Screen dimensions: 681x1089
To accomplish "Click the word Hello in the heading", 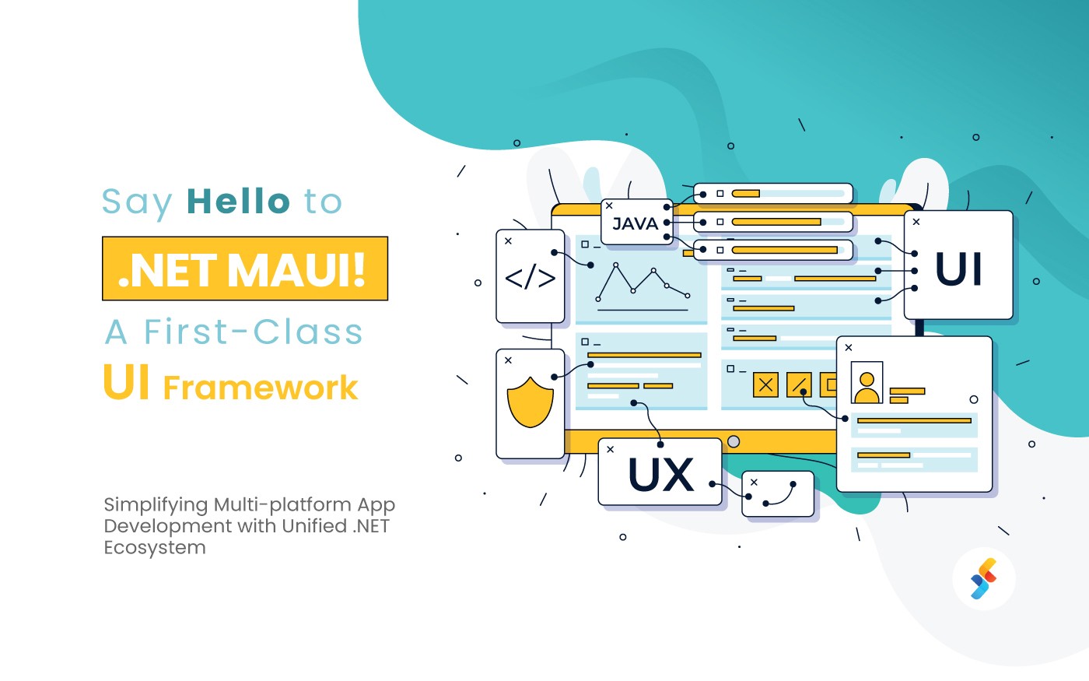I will tap(238, 202).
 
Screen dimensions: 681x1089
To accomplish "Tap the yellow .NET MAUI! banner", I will tap(245, 269).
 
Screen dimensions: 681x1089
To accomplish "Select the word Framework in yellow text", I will tap(261, 388).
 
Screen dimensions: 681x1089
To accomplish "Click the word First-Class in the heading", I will tap(253, 332).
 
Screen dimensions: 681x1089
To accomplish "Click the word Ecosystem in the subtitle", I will tap(155, 548).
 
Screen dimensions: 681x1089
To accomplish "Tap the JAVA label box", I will tap(636, 223).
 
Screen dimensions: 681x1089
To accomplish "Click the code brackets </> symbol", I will tap(530, 278).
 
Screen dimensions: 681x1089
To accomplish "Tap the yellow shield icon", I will tap(530, 402).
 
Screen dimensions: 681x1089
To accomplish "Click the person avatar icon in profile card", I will tap(867, 383).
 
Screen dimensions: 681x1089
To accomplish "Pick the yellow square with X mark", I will tap(765, 384).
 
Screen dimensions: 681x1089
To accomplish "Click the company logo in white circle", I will tap(984, 579).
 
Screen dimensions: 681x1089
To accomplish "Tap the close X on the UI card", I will tap(916, 222).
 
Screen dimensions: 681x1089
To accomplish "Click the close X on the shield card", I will tap(508, 360).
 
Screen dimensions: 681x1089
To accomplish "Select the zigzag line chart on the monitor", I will tap(642, 282).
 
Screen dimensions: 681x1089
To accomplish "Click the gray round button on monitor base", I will tap(733, 442).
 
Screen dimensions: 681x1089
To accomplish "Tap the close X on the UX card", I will tap(611, 450).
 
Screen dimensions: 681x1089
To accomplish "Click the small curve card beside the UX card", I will tap(778, 494).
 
